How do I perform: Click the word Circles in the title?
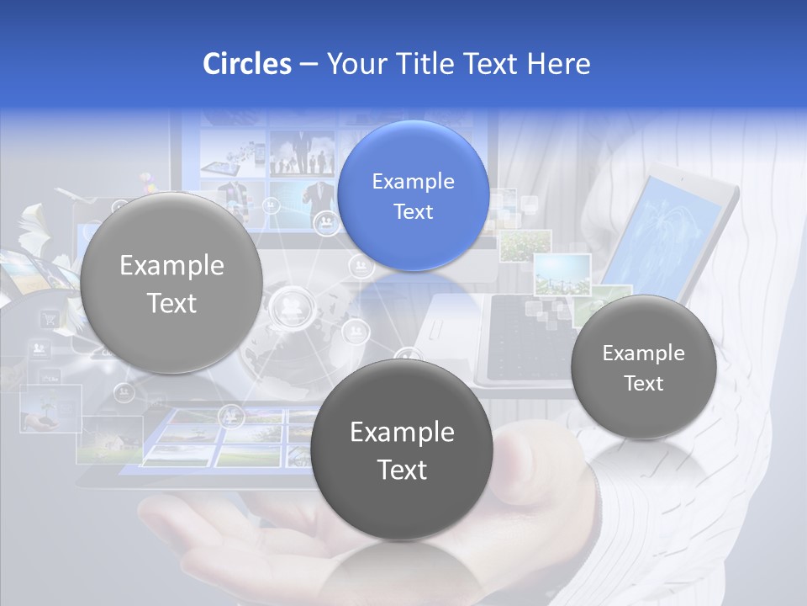(x=246, y=64)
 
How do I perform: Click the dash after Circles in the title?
(x=309, y=65)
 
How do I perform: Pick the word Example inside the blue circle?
(x=413, y=181)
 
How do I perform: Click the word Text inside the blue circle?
(x=413, y=211)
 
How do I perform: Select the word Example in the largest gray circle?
(x=171, y=266)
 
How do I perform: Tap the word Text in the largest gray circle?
(x=171, y=303)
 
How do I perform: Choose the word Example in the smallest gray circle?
(x=643, y=353)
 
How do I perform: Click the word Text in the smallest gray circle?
(x=643, y=383)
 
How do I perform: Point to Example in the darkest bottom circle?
(x=402, y=432)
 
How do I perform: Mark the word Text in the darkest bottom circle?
(x=402, y=470)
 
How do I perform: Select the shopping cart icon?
(x=50, y=318)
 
